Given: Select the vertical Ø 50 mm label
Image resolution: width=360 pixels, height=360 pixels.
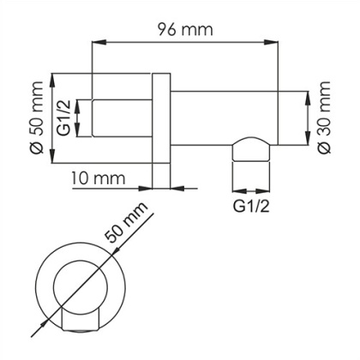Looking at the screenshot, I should coord(35,117).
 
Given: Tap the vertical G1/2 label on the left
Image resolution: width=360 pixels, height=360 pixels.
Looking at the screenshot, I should coord(63,117).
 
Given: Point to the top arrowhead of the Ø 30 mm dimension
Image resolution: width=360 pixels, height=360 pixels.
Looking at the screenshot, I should coord(306,94).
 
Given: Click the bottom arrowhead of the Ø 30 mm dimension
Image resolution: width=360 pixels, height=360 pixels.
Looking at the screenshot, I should coord(306,141).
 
